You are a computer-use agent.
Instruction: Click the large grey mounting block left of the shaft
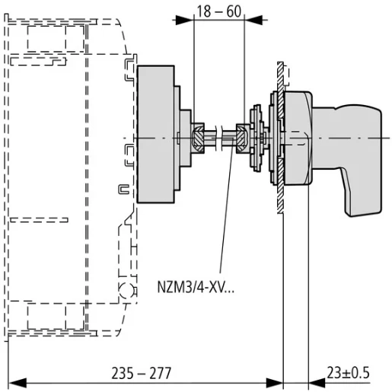(157, 135)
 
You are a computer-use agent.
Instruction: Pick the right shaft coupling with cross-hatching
(243, 138)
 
